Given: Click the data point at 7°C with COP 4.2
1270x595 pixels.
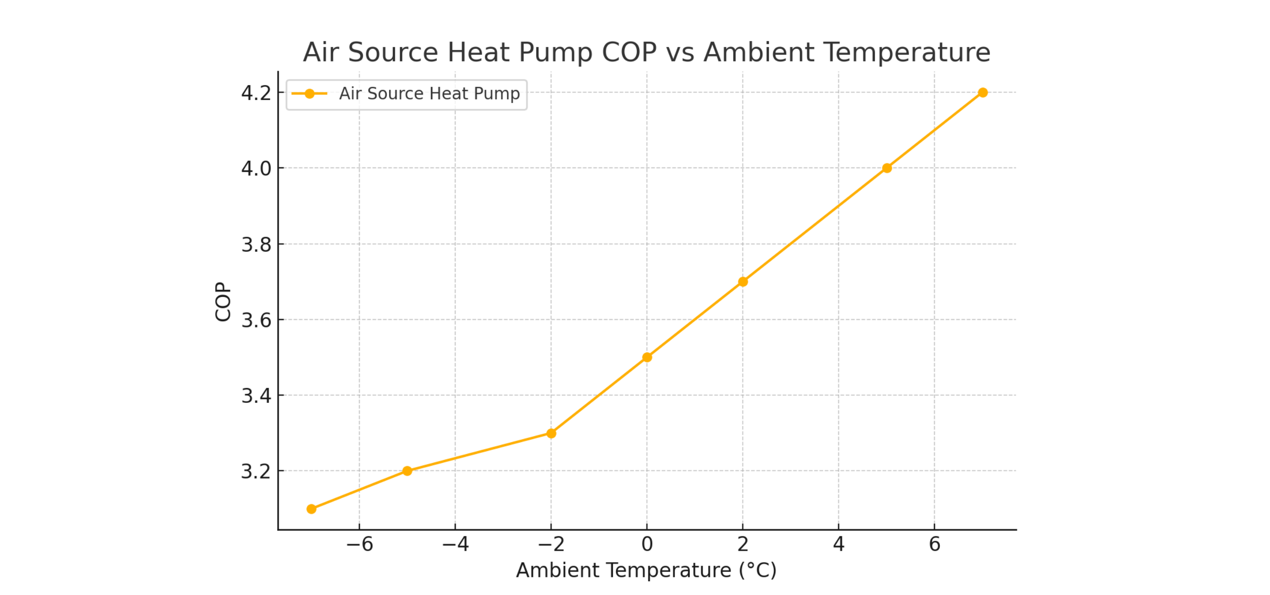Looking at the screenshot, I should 983,93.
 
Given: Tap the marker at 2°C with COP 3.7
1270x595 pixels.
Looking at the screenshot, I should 743,282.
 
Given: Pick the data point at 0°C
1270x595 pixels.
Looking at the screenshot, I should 647,357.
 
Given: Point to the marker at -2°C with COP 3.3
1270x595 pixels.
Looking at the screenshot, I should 551,433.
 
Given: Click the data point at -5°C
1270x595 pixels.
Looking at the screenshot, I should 407,471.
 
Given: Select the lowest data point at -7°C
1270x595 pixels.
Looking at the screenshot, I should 311,509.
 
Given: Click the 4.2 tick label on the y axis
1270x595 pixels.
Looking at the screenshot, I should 256,93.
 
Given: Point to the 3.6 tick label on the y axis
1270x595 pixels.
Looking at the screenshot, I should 256,320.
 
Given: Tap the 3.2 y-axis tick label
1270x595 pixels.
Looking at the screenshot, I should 256,471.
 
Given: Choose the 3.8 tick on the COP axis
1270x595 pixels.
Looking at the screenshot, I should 256,244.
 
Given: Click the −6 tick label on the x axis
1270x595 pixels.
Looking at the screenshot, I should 360,544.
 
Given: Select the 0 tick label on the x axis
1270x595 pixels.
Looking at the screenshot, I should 647,544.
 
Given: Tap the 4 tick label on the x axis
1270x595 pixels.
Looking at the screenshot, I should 839,544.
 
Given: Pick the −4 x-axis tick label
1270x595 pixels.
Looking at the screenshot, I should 455,544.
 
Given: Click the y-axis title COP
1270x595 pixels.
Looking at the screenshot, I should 223,301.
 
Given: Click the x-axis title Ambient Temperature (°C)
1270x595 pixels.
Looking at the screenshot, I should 646,570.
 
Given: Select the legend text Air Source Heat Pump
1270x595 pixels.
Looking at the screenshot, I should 429,94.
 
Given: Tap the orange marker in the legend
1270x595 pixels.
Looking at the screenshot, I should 310,94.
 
